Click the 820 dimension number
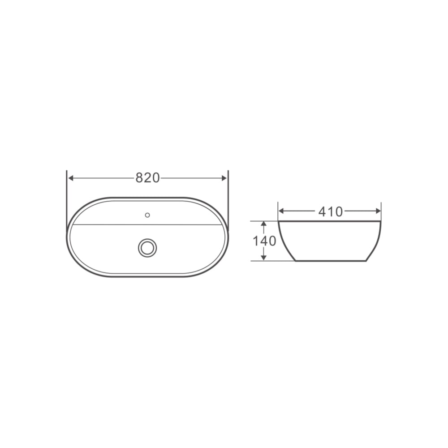click(147, 178)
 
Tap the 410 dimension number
click(330, 211)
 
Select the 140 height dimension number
click(264, 241)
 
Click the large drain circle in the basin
click(147, 248)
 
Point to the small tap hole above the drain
click(147, 215)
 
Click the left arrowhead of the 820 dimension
click(71, 178)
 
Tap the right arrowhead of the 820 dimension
click(224, 178)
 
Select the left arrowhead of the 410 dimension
click(281, 211)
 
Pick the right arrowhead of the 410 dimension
click(378, 211)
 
